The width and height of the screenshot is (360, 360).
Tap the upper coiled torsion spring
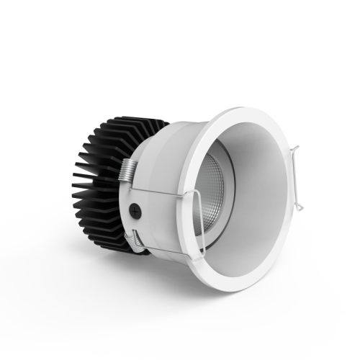point(128,172)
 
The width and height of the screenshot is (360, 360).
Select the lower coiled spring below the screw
point(134,239)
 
